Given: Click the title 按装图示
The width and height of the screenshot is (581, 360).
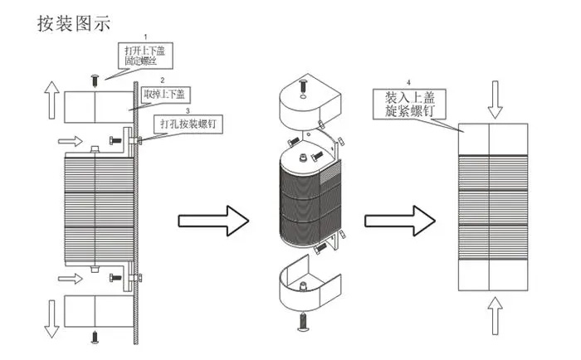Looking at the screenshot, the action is (74, 23).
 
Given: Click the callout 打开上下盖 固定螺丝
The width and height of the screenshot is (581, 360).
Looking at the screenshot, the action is (145, 56).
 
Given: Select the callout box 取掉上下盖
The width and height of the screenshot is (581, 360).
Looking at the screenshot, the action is (166, 95).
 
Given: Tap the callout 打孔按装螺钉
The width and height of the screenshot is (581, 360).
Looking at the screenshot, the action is (188, 124).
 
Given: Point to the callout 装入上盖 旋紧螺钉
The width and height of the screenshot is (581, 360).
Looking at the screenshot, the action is (409, 104).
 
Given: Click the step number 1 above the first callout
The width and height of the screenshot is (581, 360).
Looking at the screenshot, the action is (145, 37).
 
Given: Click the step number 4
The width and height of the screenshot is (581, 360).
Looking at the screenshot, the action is (408, 83).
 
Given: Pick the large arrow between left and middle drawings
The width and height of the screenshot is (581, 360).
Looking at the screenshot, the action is (213, 221).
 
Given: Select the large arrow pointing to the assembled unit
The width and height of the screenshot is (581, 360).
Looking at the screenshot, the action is (400, 221).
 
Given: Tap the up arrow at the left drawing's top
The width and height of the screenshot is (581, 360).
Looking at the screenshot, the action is (51, 100).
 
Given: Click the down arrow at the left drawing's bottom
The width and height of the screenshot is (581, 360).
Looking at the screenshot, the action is (51, 319).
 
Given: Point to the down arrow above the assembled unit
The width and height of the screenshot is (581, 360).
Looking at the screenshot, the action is (495, 100).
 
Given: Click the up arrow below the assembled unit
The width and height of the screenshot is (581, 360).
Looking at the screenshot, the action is (495, 316).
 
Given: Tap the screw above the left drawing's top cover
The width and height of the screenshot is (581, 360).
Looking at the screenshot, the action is (95, 80).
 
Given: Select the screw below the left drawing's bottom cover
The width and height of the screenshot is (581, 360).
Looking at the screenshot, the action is (95, 337).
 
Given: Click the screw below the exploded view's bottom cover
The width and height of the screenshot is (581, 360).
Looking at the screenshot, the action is (304, 322).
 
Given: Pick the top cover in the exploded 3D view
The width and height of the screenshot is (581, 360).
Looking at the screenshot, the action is (310, 98).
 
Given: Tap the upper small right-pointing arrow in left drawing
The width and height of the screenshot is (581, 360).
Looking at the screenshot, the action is (71, 141).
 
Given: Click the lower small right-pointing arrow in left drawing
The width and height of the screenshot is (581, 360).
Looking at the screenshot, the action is (71, 279).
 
